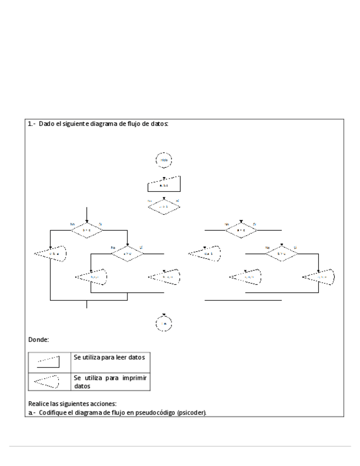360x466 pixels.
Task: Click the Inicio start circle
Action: tap(164, 160)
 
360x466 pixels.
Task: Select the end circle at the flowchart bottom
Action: tap(164, 324)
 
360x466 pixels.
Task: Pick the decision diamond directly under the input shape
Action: tap(164, 206)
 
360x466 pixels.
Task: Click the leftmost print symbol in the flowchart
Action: tap(51, 254)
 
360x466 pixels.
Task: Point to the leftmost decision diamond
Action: tap(86, 230)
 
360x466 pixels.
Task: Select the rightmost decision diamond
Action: tap(281, 253)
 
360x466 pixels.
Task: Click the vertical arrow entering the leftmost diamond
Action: tap(86, 214)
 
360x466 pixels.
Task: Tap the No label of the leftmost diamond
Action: tap(72, 224)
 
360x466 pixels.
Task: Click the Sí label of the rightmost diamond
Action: tap(296, 247)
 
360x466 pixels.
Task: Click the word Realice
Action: tap(38, 404)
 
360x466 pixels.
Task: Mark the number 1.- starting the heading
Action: tap(31, 124)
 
